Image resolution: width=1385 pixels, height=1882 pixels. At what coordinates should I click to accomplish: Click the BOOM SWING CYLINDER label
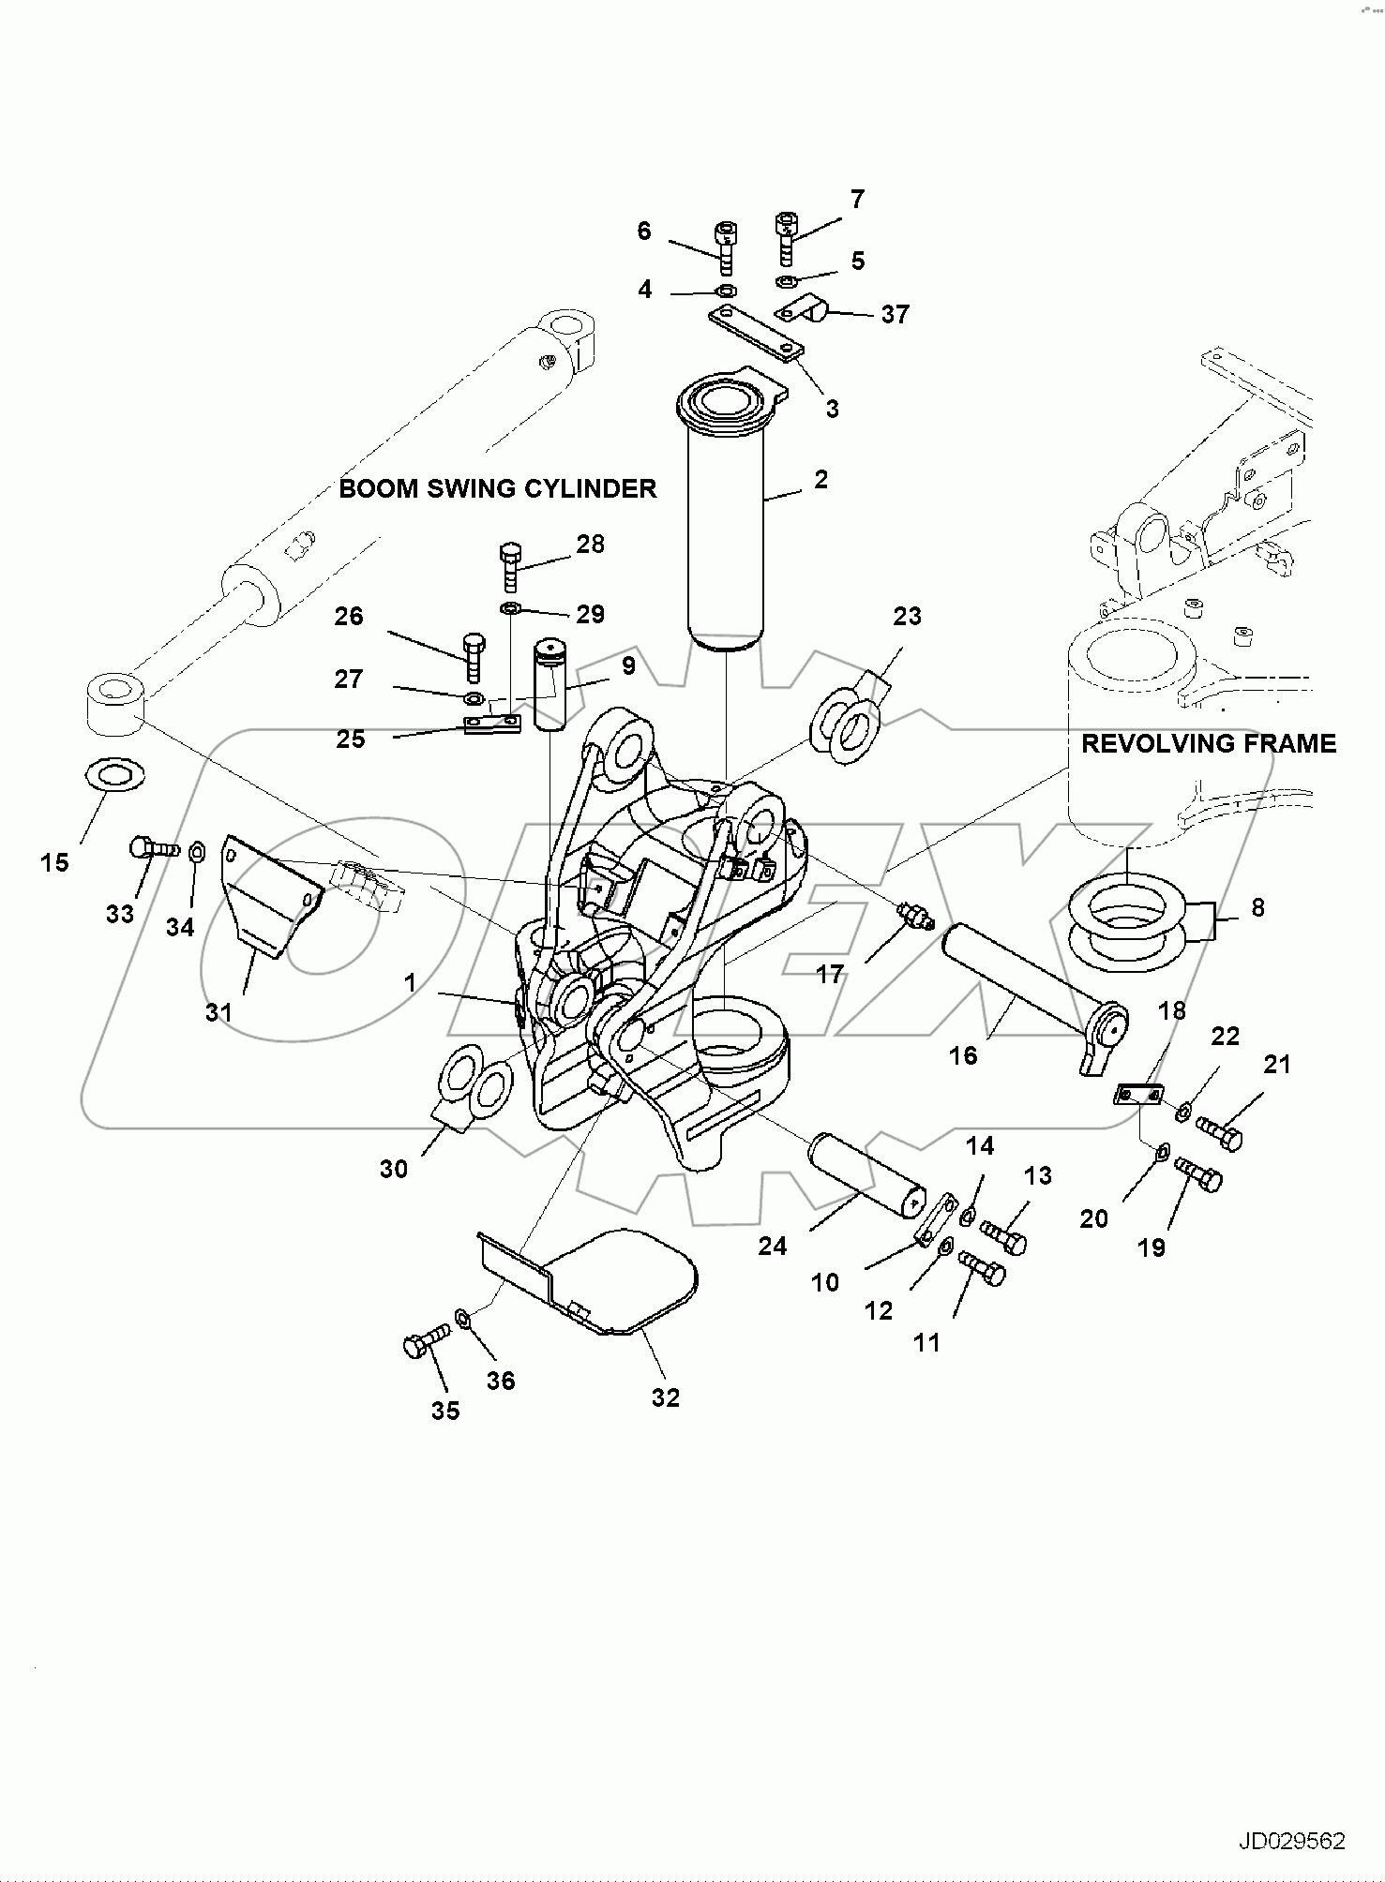click(497, 488)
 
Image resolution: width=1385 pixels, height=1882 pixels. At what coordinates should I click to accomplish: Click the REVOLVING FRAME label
click(1208, 743)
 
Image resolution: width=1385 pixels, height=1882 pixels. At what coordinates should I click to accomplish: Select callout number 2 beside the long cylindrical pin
click(821, 480)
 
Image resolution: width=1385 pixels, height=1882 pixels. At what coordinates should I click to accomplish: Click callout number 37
click(895, 314)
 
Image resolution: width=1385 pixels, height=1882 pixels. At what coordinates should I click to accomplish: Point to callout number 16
click(963, 1055)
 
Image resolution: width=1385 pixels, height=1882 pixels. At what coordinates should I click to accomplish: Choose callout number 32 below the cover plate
click(665, 1397)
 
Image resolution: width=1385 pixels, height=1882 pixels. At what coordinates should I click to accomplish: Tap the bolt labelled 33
click(151, 847)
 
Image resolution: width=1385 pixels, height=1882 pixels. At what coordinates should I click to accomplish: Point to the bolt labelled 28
click(510, 565)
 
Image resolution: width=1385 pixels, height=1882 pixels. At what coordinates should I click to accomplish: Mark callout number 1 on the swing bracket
click(410, 982)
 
